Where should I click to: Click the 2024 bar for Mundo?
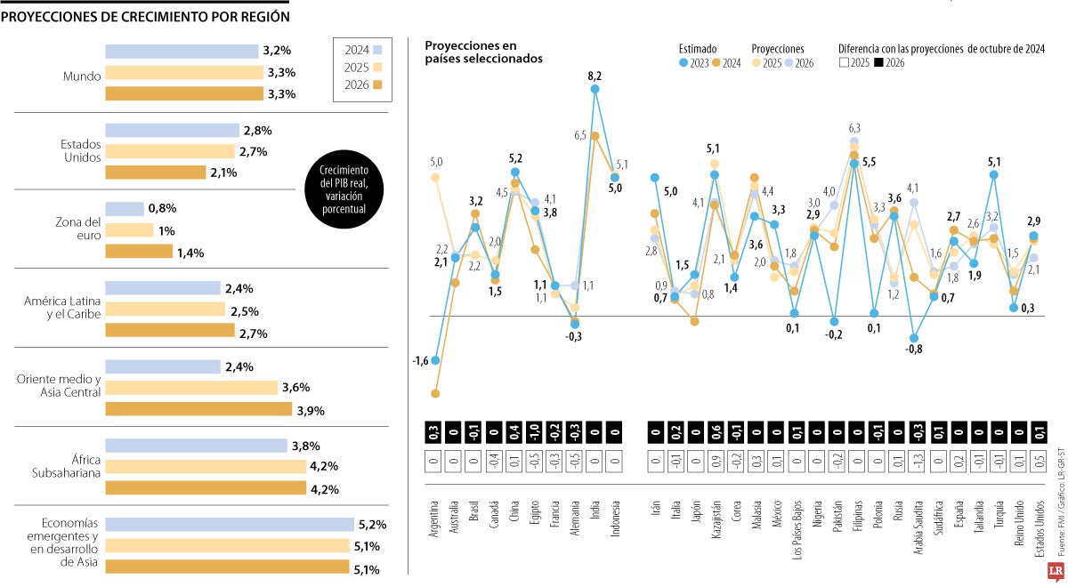click(x=182, y=52)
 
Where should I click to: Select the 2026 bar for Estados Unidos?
click(x=156, y=173)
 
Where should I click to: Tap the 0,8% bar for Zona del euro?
click(x=125, y=209)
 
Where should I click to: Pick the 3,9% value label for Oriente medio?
click(x=311, y=410)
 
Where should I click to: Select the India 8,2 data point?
click(x=595, y=89)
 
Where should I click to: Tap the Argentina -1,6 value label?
click(x=421, y=361)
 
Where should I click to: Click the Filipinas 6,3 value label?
click(x=854, y=128)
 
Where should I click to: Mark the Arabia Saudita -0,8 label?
click(x=914, y=349)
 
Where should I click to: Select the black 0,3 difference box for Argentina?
click(x=435, y=433)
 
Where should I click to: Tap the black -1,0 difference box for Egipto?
click(x=535, y=433)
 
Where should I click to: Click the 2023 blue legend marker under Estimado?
click(x=684, y=63)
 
